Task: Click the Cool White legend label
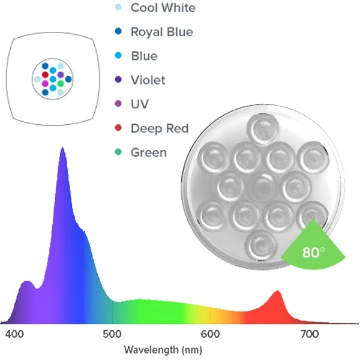coord(163,8)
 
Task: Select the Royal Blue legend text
coord(161,32)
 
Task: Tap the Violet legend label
coord(148,80)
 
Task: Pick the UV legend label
coord(140,104)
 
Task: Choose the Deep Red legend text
coord(160,128)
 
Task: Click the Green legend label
coord(148,152)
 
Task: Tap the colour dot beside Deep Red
coord(118,128)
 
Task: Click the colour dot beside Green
coord(118,152)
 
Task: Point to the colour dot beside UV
coord(118,104)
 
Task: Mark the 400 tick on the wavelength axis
coord(13,334)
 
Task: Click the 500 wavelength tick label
coord(112,334)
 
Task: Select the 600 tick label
coord(210,334)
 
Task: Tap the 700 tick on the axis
coord(308,334)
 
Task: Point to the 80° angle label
coord(311,252)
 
